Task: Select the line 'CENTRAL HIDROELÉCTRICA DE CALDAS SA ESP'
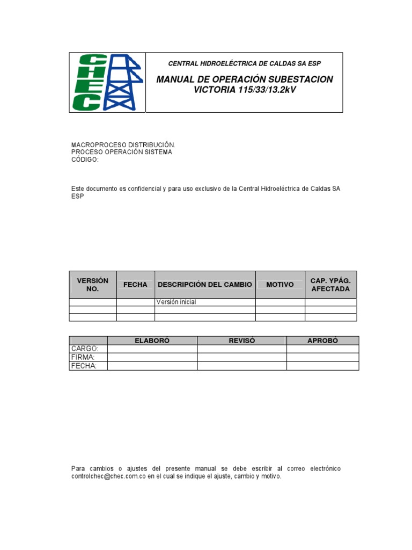[245, 64]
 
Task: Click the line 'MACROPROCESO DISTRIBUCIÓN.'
[123, 145]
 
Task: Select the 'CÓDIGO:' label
[85, 160]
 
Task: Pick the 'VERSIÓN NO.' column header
[93, 285]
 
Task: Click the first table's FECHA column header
[135, 285]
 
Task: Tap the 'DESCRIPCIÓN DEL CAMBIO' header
[205, 285]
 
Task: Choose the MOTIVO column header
[280, 285]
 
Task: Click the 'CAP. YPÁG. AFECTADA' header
[330, 285]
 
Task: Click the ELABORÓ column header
[152, 341]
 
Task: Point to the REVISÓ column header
[242, 341]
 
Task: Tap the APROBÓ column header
[322, 341]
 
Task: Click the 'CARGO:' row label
[85, 349]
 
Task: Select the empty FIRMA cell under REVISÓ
[242, 357]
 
